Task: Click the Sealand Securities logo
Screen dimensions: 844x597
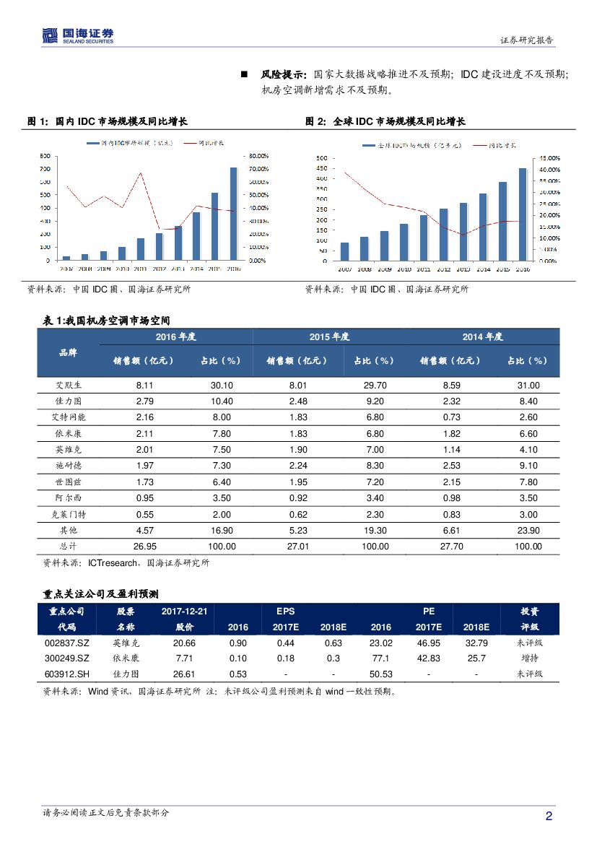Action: [78, 35]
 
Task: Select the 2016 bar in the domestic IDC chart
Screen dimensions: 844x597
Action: [233, 213]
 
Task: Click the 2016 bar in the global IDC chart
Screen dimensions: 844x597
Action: [523, 214]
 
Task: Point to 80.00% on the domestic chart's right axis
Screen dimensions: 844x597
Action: [258, 155]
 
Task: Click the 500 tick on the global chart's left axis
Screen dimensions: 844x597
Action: [322, 157]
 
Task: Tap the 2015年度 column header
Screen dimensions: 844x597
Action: [329, 336]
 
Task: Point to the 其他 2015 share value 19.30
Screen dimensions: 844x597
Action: [375, 530]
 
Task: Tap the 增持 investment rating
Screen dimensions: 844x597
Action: [529, 658]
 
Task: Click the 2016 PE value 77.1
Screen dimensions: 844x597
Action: [380, 658]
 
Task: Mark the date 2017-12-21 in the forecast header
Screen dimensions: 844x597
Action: [184, 612]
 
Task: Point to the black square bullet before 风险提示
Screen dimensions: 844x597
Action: [244, 74]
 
